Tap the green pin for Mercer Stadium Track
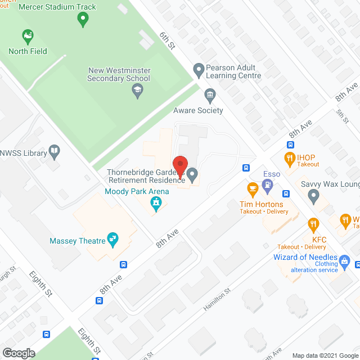tap(83, 20)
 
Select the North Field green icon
tap(27, 38)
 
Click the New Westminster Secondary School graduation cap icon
tap(137, 90)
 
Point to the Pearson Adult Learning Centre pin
tap(198, 71)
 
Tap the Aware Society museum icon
tap(210, 94)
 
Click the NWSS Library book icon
tap(53, 150)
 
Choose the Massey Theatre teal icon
tap(114, 240)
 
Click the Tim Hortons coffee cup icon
tap(253, 188)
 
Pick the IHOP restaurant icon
tap(290, 158)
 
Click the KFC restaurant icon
tap(313, 226)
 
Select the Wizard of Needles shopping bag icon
tap(345, 260)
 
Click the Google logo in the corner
tap(18, 353)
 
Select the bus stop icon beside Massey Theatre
tap(123, 264)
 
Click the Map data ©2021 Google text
tap(325, 355)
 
